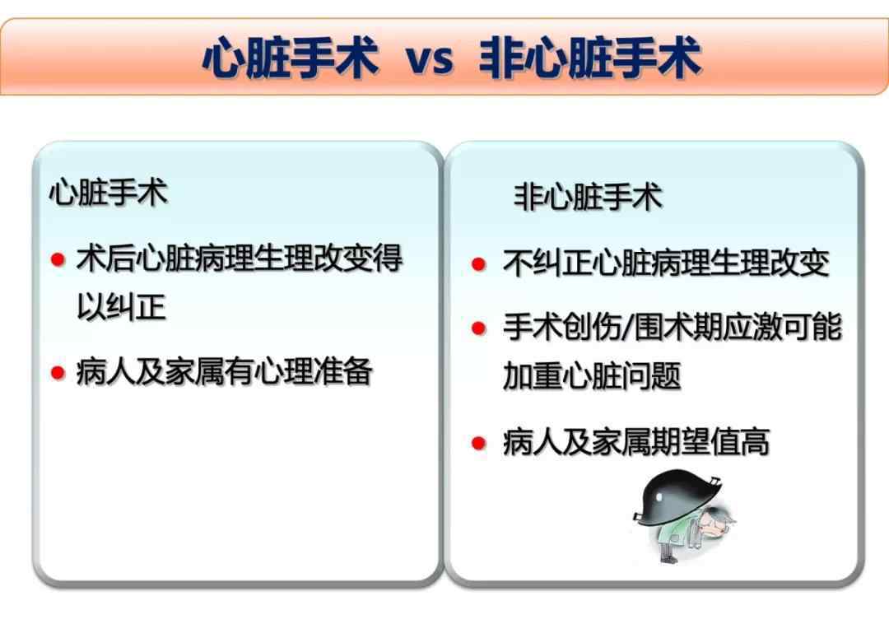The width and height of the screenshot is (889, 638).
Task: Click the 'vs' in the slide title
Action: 430,58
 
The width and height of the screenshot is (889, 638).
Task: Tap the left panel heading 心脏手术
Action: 109,193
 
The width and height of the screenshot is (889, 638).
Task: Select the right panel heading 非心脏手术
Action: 588,197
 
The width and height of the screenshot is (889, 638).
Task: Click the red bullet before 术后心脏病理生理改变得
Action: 58,260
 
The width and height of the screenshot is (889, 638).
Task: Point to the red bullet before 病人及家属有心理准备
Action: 58,373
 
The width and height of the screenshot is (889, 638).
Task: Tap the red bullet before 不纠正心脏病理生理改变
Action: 478,263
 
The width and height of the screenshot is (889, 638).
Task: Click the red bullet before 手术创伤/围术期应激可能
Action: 478,328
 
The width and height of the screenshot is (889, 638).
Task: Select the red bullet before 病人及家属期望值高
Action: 478,442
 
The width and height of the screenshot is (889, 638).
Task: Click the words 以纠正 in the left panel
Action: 121,307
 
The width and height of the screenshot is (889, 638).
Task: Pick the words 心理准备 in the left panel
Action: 314,372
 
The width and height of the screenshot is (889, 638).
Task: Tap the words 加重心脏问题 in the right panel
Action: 592,375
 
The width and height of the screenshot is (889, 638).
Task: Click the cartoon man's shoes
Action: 669,558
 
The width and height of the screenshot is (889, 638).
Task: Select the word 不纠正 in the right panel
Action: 547,263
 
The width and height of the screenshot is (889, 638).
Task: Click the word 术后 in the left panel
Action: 106,258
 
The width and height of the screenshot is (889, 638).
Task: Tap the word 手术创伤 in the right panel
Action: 562,327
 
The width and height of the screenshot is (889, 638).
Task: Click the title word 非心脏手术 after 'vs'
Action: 590,58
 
